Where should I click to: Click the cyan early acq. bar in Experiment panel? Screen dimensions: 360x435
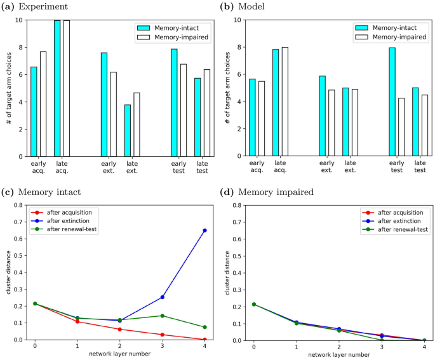[34, 111]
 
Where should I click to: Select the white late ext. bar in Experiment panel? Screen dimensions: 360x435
[135, 124]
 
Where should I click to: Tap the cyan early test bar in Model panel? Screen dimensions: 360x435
[392, 102]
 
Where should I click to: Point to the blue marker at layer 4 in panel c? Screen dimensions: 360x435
[204, 230]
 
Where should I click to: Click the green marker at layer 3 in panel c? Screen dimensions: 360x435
[162, 316]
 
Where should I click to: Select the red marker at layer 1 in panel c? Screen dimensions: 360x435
[77, 321]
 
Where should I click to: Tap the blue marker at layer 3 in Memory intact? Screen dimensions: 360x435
[162, 297]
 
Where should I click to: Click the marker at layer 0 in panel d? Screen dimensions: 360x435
[253, 304]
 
